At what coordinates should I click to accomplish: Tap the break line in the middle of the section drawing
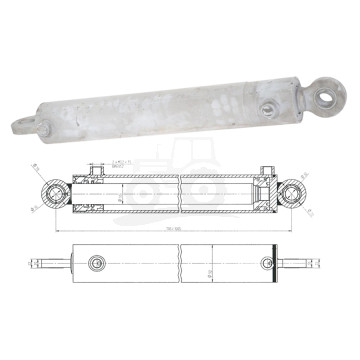click(x=181, y=192)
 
